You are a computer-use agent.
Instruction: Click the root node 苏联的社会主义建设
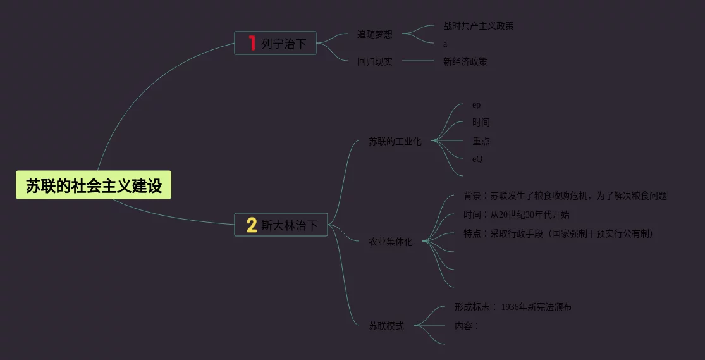pos(94,185)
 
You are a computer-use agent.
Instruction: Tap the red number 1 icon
pos(252,43)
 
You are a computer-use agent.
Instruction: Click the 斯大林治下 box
pos(281,225)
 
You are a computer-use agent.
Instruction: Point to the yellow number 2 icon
pos(251,225)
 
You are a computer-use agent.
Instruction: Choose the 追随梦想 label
pos(374,34)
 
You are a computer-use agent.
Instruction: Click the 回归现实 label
pos(374,61)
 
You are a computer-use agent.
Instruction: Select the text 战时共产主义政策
pos(478,26)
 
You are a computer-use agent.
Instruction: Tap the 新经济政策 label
pos(465,61)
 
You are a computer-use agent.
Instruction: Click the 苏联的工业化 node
pos(395,142)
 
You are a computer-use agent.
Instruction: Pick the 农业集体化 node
pos(390,242)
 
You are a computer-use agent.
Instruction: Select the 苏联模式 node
pos(386,326)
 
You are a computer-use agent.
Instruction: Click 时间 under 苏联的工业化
pos(481,122)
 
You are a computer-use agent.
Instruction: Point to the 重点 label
pos(481,141)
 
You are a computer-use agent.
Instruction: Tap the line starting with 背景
pos(565,196)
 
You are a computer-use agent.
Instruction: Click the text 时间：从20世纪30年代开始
pos(516,214)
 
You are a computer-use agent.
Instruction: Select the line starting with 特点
pos(558,233)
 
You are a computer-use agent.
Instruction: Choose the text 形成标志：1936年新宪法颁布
pos(513,307)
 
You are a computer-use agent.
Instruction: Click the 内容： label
pos(467,326)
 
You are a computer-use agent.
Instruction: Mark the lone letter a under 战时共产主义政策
pos(445,44)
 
